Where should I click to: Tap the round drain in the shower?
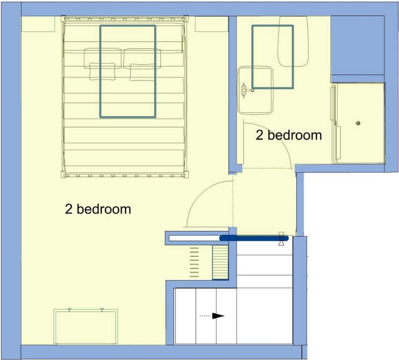click(358, 123)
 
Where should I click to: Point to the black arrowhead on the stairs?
click(218, 316)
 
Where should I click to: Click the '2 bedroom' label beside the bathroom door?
click(289, 135)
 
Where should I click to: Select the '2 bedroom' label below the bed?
click(98, 209)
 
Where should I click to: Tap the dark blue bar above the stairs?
click(254, 238)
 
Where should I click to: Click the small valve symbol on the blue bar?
click(281, 239)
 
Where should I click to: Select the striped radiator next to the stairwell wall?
click(220, 262)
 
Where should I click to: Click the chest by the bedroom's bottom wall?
click(86, 326)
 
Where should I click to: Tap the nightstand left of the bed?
click(38, 24)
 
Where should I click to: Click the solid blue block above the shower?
click(357, 45)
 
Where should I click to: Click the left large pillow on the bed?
click(103, 58)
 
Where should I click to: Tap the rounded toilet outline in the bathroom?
click(293, 42)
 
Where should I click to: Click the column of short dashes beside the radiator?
click(194, 262)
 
